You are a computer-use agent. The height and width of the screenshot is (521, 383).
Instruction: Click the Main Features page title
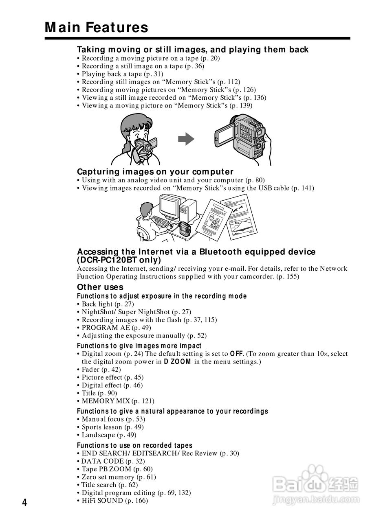[x=97, y=27]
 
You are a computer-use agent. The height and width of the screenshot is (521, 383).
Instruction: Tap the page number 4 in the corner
[x=24, y=503]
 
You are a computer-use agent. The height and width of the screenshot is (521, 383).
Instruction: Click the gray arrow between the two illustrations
[x=186, y=139]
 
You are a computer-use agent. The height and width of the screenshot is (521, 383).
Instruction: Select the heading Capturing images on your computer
[x=155, y=171]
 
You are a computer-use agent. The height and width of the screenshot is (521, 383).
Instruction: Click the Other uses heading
[x=100, y=287]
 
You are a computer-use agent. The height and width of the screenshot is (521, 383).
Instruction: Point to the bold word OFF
[x=237, y=354]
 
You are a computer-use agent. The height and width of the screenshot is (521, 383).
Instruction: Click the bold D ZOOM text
[x=177, y=361]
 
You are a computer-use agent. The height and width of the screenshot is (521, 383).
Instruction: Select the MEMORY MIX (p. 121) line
[x=118, y=401]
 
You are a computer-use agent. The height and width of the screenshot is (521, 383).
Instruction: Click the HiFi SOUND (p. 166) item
[x=114, y=501]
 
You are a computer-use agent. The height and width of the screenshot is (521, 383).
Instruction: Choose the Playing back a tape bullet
[x=122, y=74]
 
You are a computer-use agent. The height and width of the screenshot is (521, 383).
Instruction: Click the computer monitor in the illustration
[x=170, y=206]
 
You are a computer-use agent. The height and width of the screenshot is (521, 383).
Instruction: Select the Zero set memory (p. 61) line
[x=119, y=477]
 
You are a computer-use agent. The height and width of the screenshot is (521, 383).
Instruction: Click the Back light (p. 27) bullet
[x=108, y=304]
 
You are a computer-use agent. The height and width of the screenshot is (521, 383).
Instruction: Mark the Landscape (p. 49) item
[x=109, y=435]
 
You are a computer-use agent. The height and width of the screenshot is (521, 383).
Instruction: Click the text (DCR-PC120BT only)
[x=119, y=260]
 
